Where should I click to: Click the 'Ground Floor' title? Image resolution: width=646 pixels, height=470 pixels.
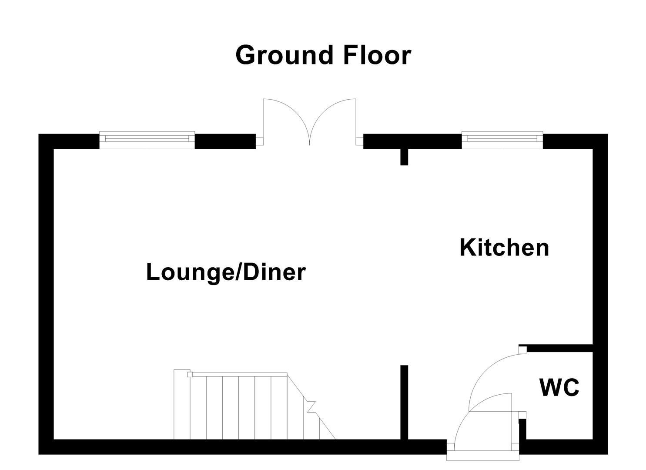click(323, 55)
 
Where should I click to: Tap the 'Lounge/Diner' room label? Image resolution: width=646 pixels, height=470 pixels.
click(226, 272)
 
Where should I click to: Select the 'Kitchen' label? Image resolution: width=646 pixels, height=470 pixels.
click(504, 248)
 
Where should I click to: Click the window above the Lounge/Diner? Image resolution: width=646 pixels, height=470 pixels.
click(147, 139)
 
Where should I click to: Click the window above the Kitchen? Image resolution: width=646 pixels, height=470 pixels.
click(502, 138)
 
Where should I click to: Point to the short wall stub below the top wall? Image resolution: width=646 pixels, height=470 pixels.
click(404, 157)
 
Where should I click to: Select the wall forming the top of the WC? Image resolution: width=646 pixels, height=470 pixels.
click(559, 348)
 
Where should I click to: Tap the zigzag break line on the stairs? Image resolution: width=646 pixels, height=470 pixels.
click(311, 406)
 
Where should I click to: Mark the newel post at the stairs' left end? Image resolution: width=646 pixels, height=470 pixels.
click(189, 374)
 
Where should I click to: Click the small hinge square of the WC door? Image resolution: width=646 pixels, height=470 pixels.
click(522, 350)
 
